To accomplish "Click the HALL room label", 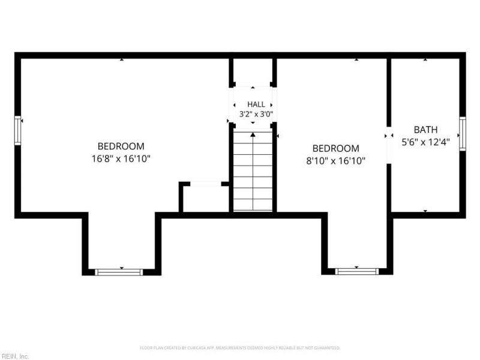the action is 256,104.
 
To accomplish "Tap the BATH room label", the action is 425,130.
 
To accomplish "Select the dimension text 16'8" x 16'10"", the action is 121,159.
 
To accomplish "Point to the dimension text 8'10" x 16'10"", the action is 336,161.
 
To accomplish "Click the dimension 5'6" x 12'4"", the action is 425,142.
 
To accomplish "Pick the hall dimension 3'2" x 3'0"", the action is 256,114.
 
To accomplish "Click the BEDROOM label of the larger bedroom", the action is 121,146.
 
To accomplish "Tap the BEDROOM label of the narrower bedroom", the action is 336,148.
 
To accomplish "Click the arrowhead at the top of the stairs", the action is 253,134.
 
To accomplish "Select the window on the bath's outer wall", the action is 463,134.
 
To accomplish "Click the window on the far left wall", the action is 18,130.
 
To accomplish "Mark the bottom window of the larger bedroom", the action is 119,272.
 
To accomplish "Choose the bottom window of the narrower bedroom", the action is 356,272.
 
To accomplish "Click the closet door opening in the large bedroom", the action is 206,184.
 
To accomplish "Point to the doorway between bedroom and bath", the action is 389,145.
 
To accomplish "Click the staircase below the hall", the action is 253,171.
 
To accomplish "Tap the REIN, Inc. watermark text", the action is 14,356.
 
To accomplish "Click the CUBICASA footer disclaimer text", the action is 240,348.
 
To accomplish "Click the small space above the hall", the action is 253,72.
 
